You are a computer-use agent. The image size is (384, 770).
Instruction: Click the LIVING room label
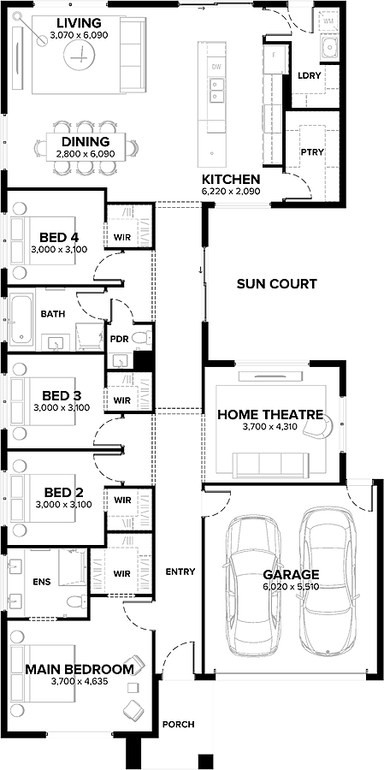pos(79,23)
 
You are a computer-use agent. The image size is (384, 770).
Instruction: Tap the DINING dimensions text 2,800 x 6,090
pos(86,154)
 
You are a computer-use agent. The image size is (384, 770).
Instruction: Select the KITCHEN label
pos(231,179)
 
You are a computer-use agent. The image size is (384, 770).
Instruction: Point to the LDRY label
pos(310,75)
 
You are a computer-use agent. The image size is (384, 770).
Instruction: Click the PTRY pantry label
pos(312,151)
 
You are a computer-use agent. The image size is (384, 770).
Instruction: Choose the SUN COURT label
pos(276,283)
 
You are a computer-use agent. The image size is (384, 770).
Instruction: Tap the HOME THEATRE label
pos(270,415)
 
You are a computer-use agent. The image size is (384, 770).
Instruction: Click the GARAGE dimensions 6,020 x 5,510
pos(291,586)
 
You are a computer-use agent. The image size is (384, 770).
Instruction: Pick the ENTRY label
pos(180,572)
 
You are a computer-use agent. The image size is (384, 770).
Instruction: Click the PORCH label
pos(178,724)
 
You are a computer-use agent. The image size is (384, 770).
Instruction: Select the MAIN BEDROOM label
pos(80,669)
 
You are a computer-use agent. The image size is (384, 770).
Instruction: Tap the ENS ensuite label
pos(42,582)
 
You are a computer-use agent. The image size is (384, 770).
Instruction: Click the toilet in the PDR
pos(144,337)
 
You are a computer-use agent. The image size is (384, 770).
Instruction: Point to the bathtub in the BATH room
pos(21,319)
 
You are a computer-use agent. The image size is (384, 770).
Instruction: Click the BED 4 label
pos(59,238)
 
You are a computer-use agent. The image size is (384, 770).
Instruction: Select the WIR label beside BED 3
pos(121,400)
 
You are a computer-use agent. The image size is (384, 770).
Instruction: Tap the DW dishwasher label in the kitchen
pos(216,66)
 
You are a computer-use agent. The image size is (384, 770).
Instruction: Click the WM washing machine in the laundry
pos(329,21)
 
